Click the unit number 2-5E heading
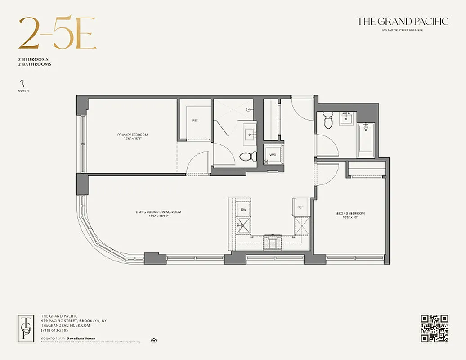click(57, 34)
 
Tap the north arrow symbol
click(21, 83)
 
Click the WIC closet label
click(195, 121)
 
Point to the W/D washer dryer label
click(273, 155)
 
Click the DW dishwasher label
click(243, 210)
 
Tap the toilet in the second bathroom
click(328, 120)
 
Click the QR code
click(434, 328)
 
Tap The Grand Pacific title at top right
click(402, 21)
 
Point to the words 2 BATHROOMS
click(35, 64)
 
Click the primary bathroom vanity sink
click(250, 134)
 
